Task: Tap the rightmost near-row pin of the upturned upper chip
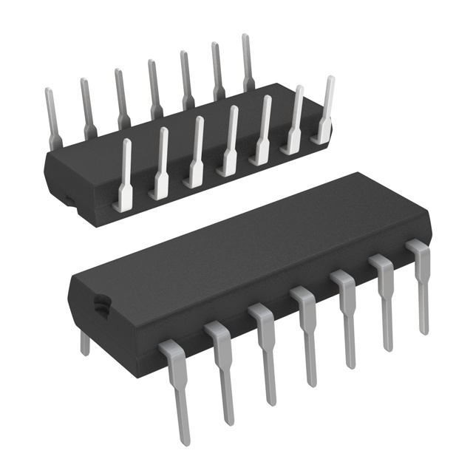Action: (326, 107)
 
